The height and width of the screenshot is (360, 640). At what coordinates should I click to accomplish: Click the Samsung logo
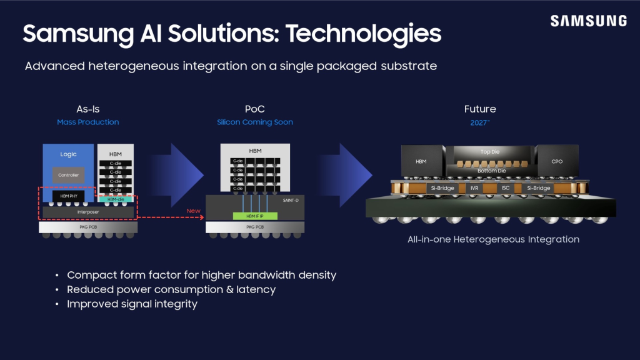pyautogui.click(x=588, y=21)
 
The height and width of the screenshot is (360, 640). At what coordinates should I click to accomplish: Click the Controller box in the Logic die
pyautogui.click(x=68, y=175)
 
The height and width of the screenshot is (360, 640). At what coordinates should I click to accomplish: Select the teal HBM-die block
pyautogui.click(x=116, y=199)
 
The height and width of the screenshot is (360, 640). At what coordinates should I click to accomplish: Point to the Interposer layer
pyautogui.click(x=87, y=212)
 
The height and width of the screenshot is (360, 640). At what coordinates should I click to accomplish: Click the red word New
pyautogui.click(x=194, y=211)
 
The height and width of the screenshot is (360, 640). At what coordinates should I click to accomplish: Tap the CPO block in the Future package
pyautogui.click(x=557, y=161)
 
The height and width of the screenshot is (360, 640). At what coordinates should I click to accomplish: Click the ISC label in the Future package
pyautogui.click(x=505, y=187)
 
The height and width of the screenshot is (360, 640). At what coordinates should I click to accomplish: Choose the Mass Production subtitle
pyautogui.click(x=87, y=122)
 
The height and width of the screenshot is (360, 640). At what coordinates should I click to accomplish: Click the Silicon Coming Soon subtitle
pyautogui.click(x=255, y=122)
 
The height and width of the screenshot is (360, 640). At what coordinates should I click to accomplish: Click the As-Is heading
pyautogui.click(x=87, y=109)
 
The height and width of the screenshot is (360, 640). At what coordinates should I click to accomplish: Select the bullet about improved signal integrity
pyautogui.click(x=132, y=304)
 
